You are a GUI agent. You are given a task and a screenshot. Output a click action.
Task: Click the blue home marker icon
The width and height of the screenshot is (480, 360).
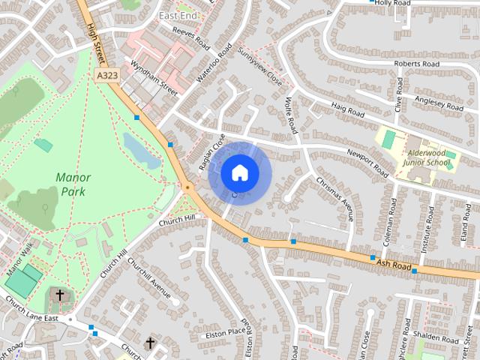pyautogui.click(x=239, y=172)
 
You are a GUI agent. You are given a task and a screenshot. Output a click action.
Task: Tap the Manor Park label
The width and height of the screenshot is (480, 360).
pyautogui.click(x=73, y=184)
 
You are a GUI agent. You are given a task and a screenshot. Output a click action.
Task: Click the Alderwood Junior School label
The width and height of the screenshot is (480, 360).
pyautogui.click(x=425, y=157)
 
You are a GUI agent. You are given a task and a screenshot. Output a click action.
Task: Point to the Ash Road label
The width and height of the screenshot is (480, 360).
pyautogui.click(x=395, y=265)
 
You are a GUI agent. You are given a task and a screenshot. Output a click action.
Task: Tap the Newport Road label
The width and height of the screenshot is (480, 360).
pyautogui.click(x=367, y=162)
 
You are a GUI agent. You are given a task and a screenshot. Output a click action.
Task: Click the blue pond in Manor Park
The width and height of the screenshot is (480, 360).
pyautogui.click(x=141, y=149)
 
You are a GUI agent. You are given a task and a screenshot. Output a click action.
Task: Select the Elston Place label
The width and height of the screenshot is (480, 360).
pyautogui.click(x=226, y=330)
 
